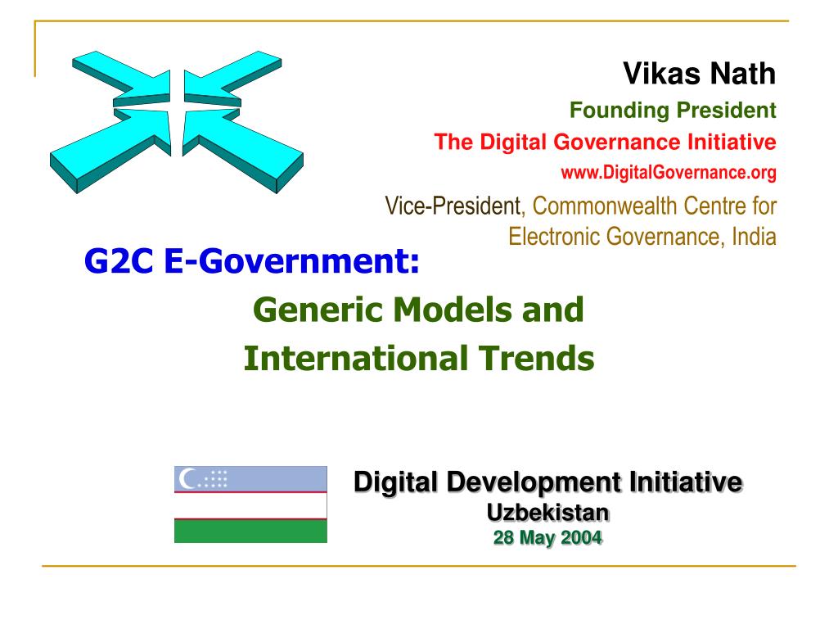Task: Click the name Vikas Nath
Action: pos(699,73)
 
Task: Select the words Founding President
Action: pos(673,111)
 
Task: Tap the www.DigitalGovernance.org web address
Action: pos(669,173)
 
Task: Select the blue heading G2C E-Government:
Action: pos(252,261)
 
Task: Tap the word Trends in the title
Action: pos(537,359)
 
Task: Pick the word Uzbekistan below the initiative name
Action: pos(547,513)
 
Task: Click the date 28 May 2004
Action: pos(547,537)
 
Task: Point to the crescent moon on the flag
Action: pos(187,478)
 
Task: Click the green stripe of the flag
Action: pos(250,531)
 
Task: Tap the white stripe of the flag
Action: pos(250,505)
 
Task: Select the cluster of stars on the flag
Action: pos(214,478)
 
